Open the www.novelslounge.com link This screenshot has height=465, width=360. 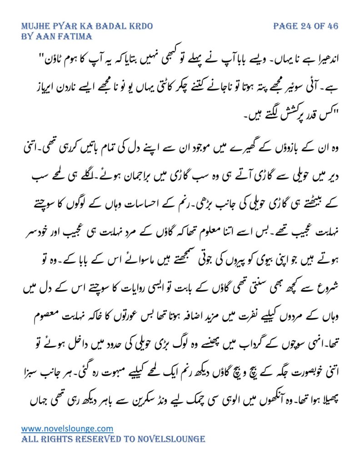67,428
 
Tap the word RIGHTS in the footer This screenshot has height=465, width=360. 60,439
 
